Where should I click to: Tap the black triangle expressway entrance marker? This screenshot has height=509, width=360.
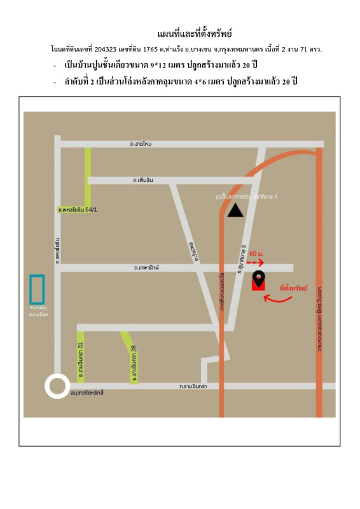tap(235, 211)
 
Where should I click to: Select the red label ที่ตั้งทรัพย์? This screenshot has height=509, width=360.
tap(293, 288)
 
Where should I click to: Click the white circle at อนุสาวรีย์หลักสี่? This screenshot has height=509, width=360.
tap(57, 386)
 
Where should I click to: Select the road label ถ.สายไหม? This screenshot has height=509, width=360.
tap(140, 144)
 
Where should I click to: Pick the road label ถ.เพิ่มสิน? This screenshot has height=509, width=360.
tap(144, 181)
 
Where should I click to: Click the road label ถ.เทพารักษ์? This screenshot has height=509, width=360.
tap(146, 267)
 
